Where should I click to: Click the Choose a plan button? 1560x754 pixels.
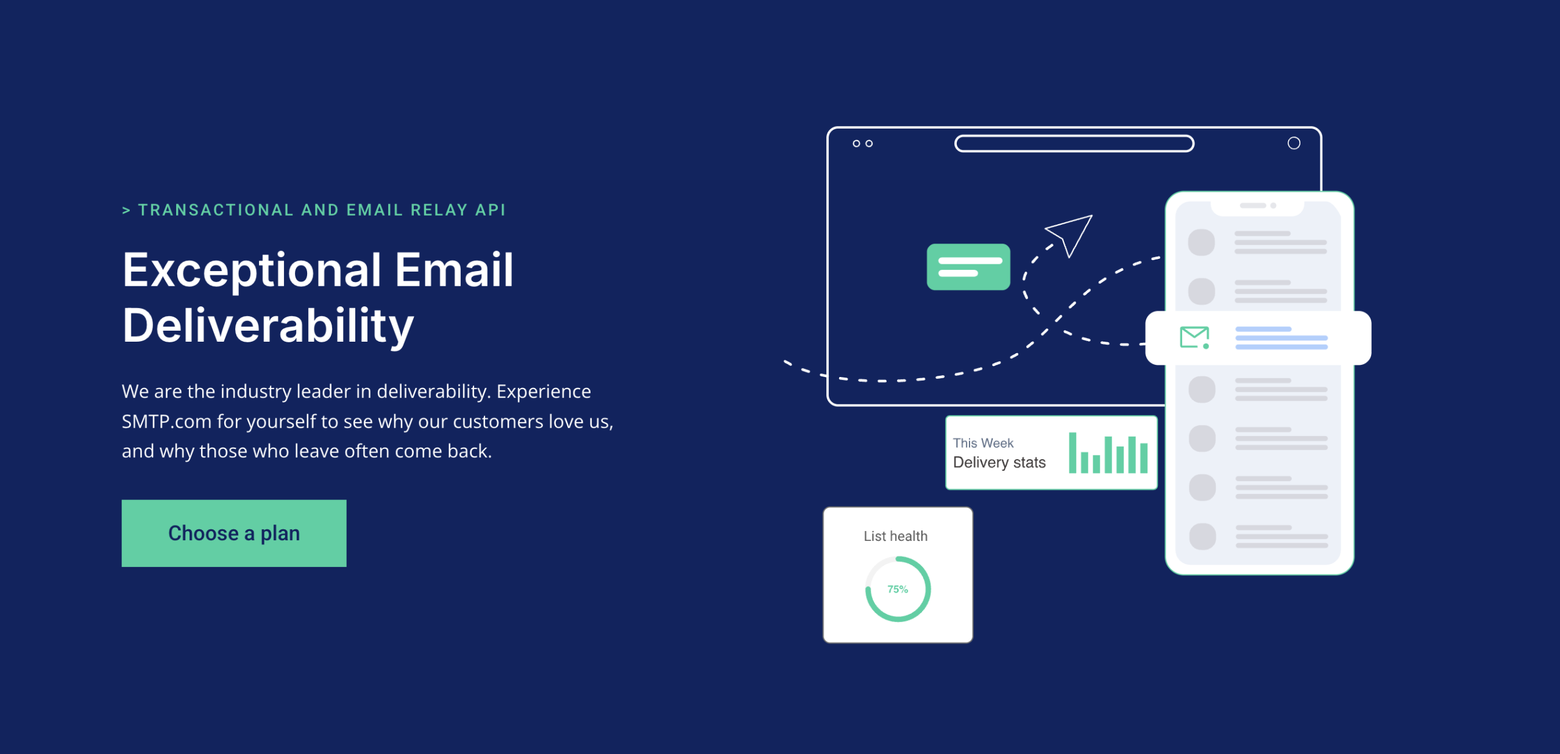234,533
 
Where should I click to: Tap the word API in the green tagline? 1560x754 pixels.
491,210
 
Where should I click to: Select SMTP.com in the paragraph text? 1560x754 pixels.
166,421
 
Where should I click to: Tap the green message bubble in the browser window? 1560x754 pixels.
968,267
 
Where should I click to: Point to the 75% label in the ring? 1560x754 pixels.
898,590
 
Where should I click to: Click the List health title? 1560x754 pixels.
896,536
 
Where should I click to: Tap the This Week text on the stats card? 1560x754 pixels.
983,443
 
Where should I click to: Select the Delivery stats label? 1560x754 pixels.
999,463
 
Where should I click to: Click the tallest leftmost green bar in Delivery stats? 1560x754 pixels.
1072,453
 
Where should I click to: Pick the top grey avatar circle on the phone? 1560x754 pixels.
1202,242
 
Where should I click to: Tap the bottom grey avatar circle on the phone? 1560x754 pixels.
1202,537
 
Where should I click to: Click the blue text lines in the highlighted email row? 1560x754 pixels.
1282,338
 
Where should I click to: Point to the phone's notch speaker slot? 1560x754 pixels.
1253,206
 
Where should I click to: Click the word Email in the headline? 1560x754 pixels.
454,270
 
